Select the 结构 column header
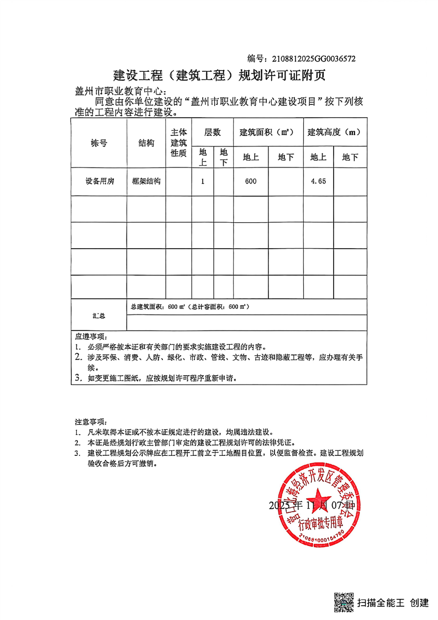146,143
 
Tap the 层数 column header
212,133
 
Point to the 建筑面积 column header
267,133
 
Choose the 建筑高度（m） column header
334,133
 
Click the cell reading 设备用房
99,182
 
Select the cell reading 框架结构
146,182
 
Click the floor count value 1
203,182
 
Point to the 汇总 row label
99,316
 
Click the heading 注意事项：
92,421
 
